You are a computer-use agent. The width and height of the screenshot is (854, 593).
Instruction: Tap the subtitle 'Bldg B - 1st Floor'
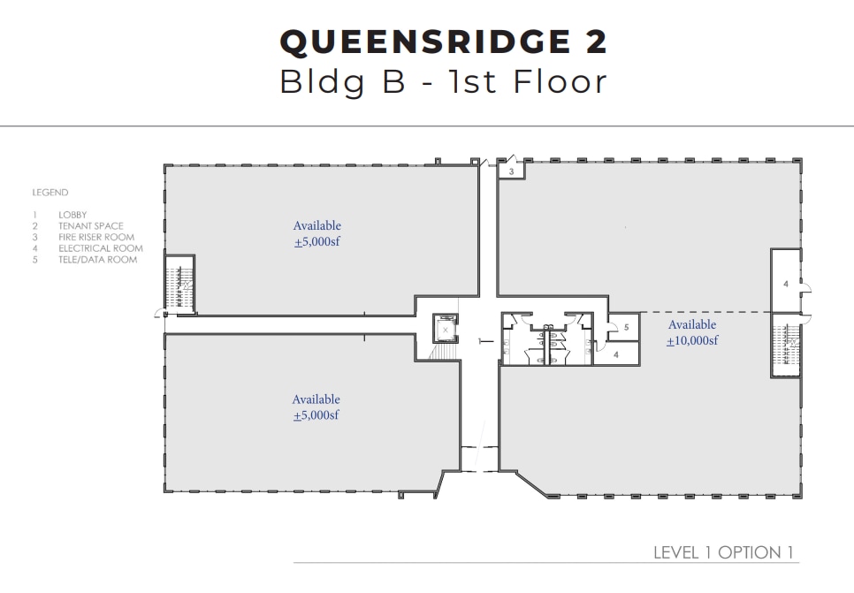coord(443,81)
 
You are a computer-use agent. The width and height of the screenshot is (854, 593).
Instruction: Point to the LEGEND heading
coord(50,193)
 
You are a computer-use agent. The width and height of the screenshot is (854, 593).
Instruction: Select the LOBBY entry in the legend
coord(72,215)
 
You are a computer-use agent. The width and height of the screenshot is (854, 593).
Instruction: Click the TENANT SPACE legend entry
coord(90,226)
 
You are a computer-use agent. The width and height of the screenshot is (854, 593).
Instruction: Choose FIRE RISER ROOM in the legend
coord(96,238)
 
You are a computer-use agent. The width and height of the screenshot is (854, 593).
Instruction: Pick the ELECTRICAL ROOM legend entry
coord(100,248)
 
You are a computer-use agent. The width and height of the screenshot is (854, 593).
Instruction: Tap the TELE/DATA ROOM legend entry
coord(97,260)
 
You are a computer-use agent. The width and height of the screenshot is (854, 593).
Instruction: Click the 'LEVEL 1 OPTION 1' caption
coord(717,552)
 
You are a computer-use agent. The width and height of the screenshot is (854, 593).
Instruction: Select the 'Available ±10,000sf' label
coord(692,333)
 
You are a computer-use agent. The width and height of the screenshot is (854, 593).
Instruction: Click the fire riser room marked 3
coord(512,171)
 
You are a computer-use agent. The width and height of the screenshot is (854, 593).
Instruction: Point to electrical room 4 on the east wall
coord(785,283)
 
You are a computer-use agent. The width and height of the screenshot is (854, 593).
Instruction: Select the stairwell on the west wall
coord(180,284)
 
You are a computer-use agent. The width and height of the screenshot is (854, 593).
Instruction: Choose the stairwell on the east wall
coord(785,345)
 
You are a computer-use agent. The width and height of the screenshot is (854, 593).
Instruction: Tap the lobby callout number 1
coord(477,340)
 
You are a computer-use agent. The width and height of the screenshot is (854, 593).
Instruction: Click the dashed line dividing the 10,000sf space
coord(698,312)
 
